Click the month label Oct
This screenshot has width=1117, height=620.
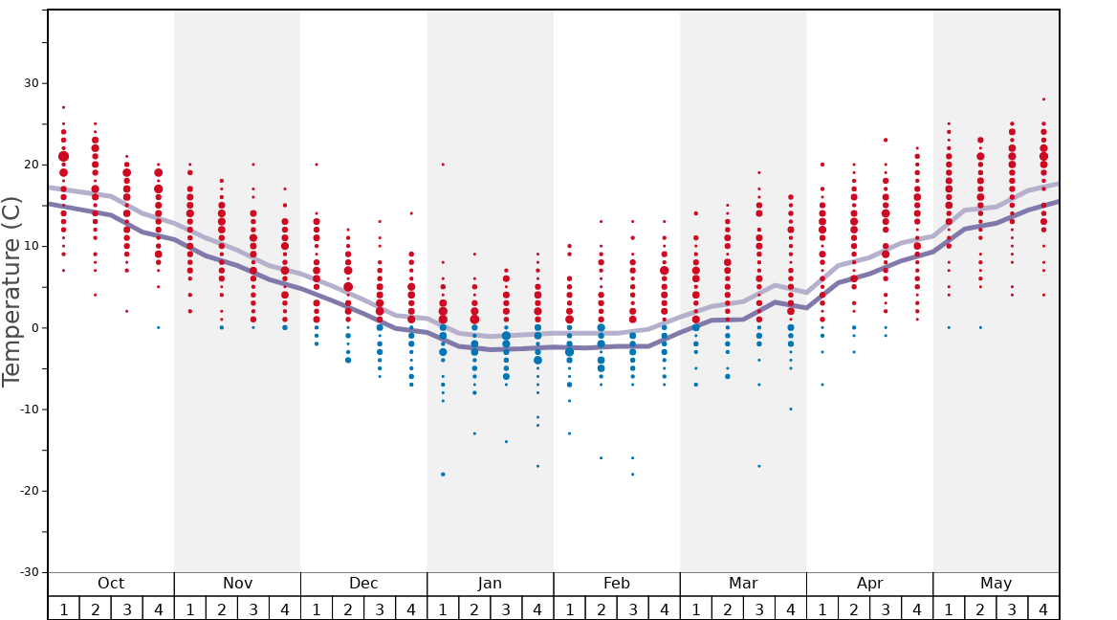(111, 584)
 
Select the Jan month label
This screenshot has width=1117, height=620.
(490, 584)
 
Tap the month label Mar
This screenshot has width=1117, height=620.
(743, 584)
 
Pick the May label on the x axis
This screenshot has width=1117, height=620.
(996, 584)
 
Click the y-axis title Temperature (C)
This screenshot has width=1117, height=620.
(11, 291)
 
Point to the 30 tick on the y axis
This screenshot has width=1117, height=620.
(31, 83)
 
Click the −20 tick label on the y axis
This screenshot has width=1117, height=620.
(27, 491)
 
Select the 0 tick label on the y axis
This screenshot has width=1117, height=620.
(34, 328)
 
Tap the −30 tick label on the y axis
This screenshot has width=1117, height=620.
(27, 572)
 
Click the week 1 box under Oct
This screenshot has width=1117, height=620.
(63, 609)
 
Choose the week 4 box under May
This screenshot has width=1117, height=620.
(1043, 609)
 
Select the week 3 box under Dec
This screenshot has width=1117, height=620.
(380, 609)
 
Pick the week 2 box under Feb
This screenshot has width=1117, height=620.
(601, 609)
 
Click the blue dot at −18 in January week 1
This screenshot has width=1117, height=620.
(443, 475)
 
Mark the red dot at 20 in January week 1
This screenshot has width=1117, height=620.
(443, 165)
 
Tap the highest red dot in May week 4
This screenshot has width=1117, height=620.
(1043, 100)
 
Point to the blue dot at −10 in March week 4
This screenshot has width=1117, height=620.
(791, 410)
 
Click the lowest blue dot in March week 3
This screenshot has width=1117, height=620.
(759, 466)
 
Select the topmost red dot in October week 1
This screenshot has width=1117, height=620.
(63, 107)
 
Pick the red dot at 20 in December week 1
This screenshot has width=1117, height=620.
(317, 165)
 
